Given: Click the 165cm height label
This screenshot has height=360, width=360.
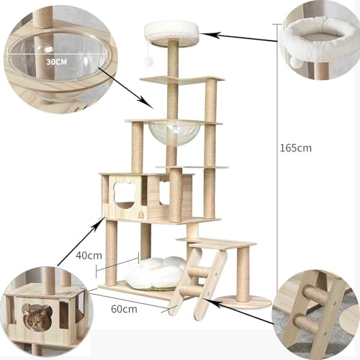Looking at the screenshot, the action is [296, 148].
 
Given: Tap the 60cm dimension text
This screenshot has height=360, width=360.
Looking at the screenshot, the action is [124, 309].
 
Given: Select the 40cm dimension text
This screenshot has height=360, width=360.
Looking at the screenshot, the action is [89, 256].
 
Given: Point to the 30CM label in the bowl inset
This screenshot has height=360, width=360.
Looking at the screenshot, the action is [56, 62].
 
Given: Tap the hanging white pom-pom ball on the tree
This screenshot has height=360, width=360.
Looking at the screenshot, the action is [148, 61].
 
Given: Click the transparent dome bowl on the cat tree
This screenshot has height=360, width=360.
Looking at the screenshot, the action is [166, 133].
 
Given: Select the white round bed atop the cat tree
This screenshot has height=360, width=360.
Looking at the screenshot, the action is [172, 32].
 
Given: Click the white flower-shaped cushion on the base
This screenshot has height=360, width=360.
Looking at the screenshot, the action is [156, 271].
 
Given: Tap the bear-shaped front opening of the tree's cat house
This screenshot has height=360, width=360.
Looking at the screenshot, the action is [124, 194].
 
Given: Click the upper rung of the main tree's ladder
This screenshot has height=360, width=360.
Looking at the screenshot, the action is [199, 271].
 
